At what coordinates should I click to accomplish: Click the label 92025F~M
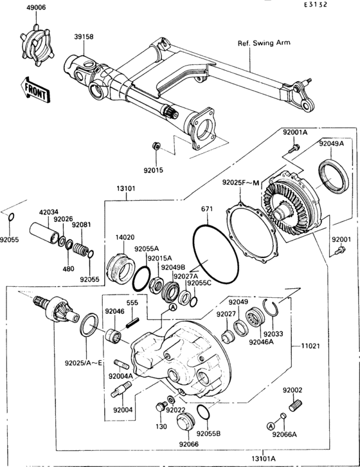coord(240,183)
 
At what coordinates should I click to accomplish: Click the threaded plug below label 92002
coord(296,406)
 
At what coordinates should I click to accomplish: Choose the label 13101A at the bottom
coord(281,459)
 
